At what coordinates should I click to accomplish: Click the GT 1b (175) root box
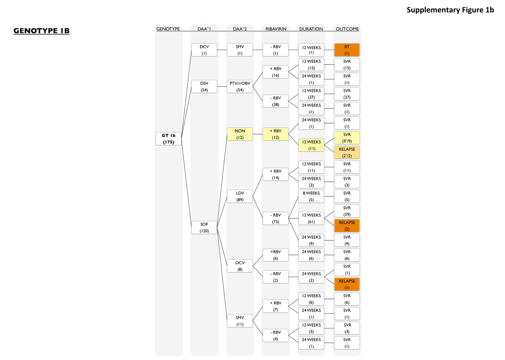click(x=168, y=139)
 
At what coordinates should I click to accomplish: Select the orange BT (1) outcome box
click(x=347, y=50)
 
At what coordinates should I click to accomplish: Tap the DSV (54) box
click(x=204, y=87)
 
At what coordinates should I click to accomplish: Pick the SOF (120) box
click(x=204, y=228)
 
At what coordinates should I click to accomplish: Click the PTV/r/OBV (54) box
click(x=240, y=87)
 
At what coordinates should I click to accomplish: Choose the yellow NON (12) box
click(x=240, y=134)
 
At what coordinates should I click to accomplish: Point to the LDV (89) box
click(x=240, y=197)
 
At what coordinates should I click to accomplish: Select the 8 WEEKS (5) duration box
click(x=311, y=196)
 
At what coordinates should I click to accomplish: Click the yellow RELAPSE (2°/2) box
click(x=347, y=153)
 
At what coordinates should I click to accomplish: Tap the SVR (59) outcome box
click(x=347, y=211)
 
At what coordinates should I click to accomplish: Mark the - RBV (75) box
click(x=276, y=219)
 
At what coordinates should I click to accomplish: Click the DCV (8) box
click(x=240, y=266)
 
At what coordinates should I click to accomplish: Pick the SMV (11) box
click(x=240, y=321)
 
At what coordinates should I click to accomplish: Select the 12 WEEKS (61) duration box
click(x=311, y=219)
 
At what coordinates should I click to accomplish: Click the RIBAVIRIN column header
click(x=275, y=29)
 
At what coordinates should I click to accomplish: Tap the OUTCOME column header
click(x=347, y=29)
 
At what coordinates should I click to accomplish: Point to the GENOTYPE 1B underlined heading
click(x=42, y=31)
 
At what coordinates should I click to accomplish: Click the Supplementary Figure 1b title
click(x=450, y=10)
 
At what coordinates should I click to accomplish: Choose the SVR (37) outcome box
click(x=347, y=94)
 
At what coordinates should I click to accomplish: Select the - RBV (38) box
click(x=276, y=101)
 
